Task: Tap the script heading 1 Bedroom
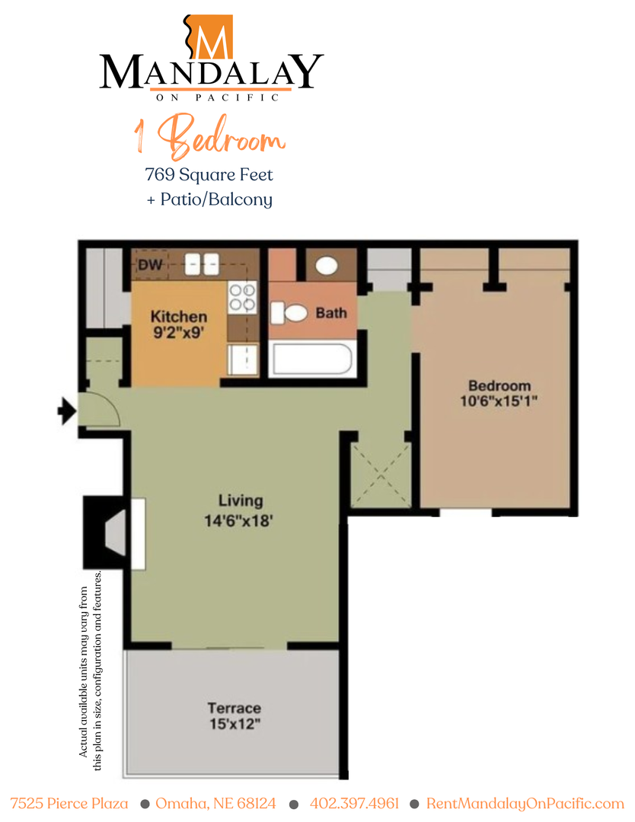click(209, 139)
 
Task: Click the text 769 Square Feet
click(209, 174)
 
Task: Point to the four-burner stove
click(242, 297)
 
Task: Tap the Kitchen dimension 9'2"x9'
click(179, 332)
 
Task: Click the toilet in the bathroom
click(289, 312)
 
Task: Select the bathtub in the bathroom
click(312, 358)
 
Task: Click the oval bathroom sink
click(327, 266)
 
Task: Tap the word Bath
click(331, 313)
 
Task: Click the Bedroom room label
click(499, 385)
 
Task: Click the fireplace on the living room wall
click(114, 534)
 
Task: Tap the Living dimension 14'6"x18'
click(240, 522)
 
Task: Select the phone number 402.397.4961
click(354, 804)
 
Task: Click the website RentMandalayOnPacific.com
click(525, 804)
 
